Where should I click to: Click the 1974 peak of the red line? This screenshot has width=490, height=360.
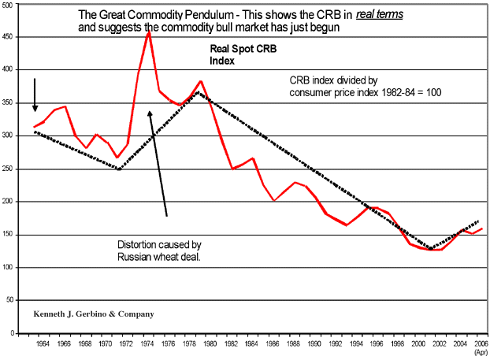click(148, 32)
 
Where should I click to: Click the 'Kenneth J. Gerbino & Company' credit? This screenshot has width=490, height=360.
click(94, 314)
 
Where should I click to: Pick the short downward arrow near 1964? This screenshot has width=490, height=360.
click(35, 95)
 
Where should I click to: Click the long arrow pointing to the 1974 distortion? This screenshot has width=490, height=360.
click(158, 162)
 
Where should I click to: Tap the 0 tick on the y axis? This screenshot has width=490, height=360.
click(13, 333)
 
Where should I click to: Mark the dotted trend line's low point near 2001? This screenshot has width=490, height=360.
click(429, 249)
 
